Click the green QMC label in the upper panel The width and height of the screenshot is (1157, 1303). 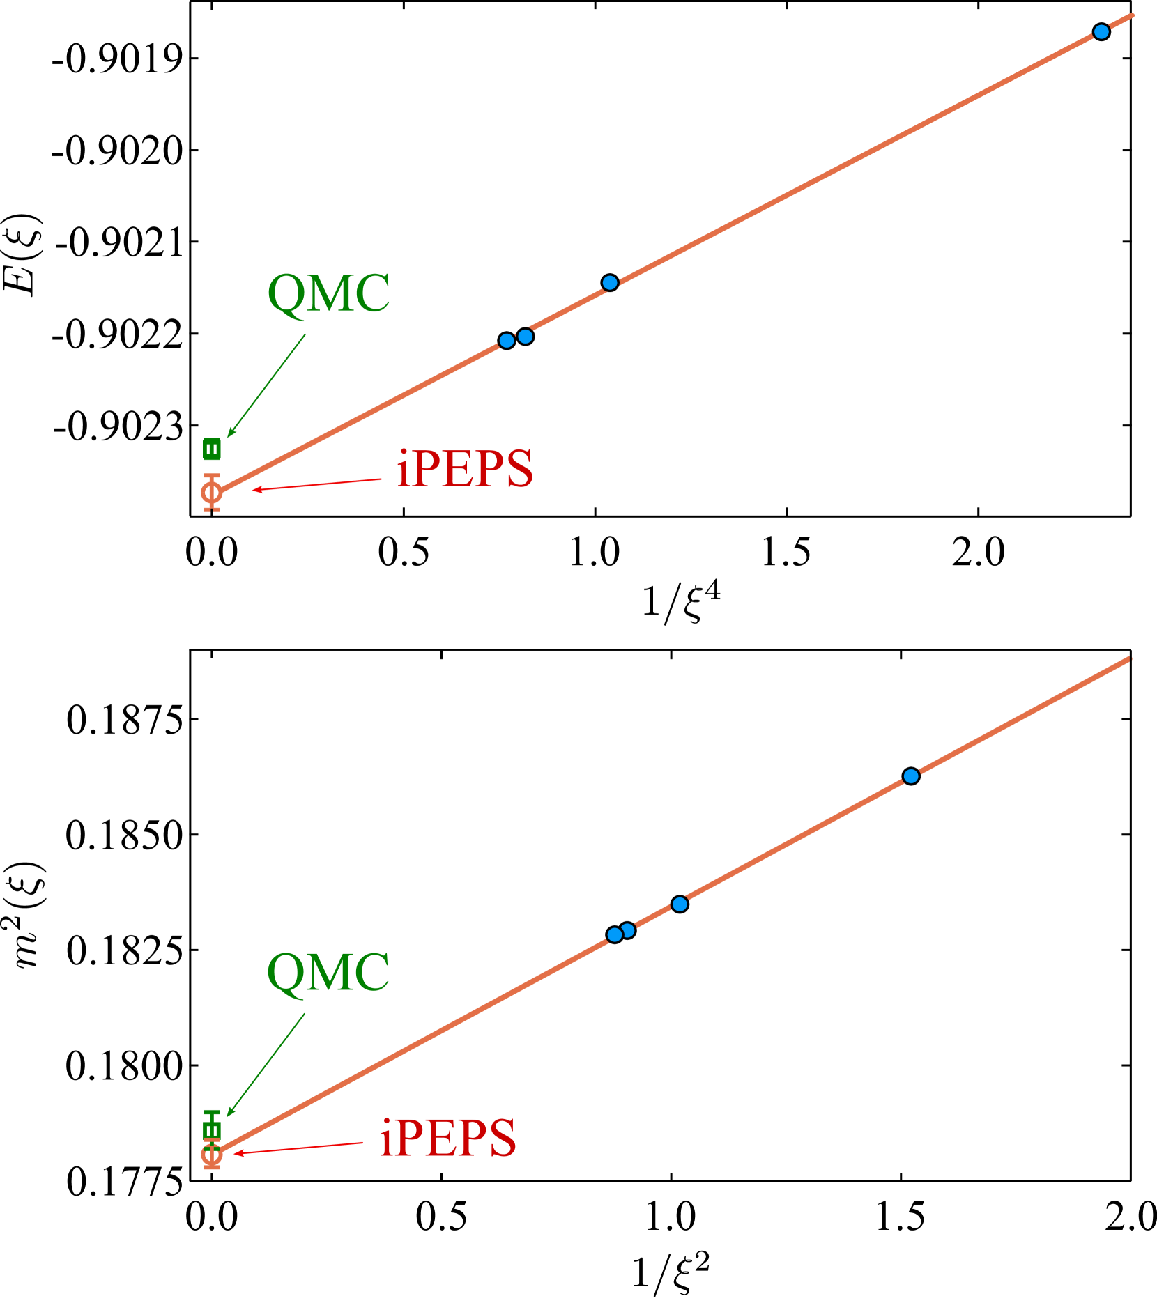pyautogui.click(x=328, y=293)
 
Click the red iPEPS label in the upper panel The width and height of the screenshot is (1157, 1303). pyautogui.click(x=464, y=468)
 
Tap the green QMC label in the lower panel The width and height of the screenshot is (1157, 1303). pyautogui.click(x=328, y=973)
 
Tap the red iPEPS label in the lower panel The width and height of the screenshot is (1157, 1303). pyautogui.click(x=447, y=1139)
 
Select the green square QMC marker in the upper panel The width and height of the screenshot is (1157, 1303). pyautogui.click(x=212, y=449)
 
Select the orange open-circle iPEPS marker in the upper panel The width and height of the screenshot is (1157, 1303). pyautogui.click(x=212, y=493)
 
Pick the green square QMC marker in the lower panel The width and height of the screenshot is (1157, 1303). pyautogui.click(x=212, y=1130)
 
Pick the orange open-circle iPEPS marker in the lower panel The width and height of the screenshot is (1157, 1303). pyautogui.click(x=212, y=1155)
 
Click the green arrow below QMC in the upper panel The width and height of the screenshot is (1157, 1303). pyautogui.click(x=267, y=385)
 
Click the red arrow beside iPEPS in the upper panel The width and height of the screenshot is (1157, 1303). pyautogui.click(x=317, y=484)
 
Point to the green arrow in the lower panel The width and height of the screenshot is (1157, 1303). pyautogui.click(x=266, y=1065)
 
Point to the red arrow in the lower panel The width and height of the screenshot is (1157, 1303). pyautogui.click(x=298, y=1148)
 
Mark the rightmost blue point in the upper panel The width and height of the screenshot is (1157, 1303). pyautogui.click(x=1101, y=31)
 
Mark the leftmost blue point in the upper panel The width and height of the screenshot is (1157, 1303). pyautogui.click(x=507, y=341)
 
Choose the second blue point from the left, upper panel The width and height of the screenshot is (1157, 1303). pyautogui.click(x=526, y=337)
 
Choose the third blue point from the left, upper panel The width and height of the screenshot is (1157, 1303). pyautogui.click(x=610, y=282)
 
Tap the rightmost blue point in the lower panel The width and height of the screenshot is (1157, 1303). pyautogui.click(x=911, y=776)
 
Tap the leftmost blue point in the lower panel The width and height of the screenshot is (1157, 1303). pyautogui.click(x=614, y=935)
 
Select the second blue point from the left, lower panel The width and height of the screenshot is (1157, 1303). pyautogui.click(x=628, y=930)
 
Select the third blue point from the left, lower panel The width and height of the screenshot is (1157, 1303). pyautogui.click(x=680, y=904)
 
